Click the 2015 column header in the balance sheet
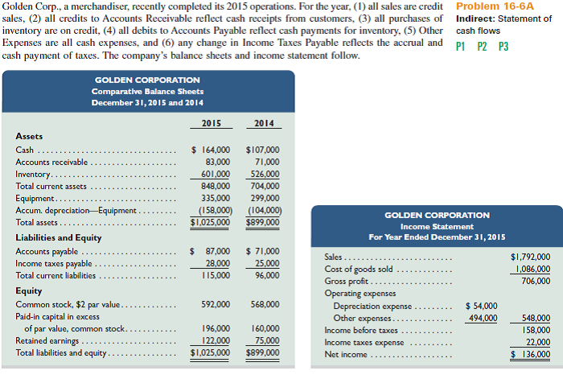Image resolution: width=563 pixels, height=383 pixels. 211,123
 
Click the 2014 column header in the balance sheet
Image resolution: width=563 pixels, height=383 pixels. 263,123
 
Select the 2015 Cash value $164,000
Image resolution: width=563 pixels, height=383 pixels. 211,150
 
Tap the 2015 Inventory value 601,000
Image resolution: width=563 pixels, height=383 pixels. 213,174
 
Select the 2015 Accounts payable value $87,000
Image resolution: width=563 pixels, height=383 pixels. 211,251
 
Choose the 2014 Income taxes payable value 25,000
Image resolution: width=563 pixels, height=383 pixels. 267,263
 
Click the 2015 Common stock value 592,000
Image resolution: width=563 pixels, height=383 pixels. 213,305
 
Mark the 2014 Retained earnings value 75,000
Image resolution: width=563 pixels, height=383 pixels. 267,340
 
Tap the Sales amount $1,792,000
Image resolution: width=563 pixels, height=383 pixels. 531,257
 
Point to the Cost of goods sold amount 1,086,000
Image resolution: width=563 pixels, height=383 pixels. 531,269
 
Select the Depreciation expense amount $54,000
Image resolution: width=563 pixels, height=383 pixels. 481,306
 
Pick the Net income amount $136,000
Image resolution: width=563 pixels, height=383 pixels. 531,354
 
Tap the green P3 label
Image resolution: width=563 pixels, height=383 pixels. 503,46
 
